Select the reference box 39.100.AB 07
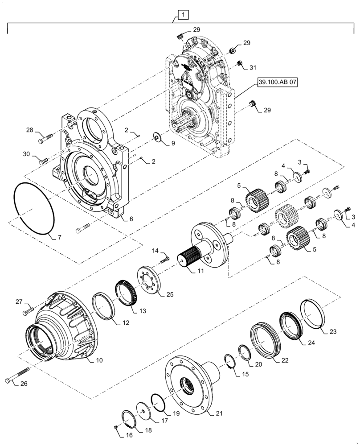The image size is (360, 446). (x=276, y=83)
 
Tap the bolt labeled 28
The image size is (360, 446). (x=45, y=138)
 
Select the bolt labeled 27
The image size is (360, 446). (x=29, y=308)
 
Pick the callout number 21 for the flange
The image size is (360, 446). (x=219, y=413)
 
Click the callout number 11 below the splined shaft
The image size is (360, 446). (x=200, y=271)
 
